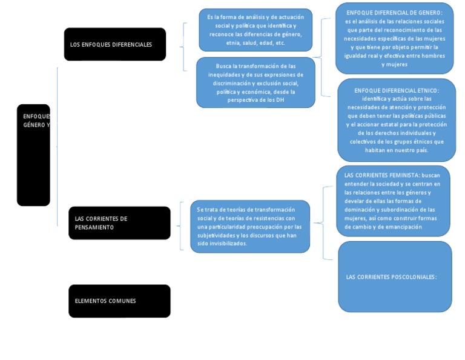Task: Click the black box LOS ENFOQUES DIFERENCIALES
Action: (x=114, y=44)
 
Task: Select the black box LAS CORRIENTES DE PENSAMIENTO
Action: (x=119, y=223)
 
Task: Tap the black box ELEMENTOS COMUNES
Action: (x=119, y=301)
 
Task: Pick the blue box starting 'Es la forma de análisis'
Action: (x=256, y=30)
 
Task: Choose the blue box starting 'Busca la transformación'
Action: (x=256, y=82)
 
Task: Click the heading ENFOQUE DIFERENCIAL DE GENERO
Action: (x=394, y=12)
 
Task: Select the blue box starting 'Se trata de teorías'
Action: (x=249, y=226)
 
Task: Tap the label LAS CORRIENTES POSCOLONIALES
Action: (x=391, y=277)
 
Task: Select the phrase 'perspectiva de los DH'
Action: (x=256, y=99)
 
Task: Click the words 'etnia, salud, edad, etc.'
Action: (x=256, y=43)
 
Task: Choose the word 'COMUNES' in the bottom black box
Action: (x=122, y=301)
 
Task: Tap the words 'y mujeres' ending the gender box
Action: (x=394, y=64)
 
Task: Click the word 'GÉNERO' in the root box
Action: (x=33, y=125)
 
